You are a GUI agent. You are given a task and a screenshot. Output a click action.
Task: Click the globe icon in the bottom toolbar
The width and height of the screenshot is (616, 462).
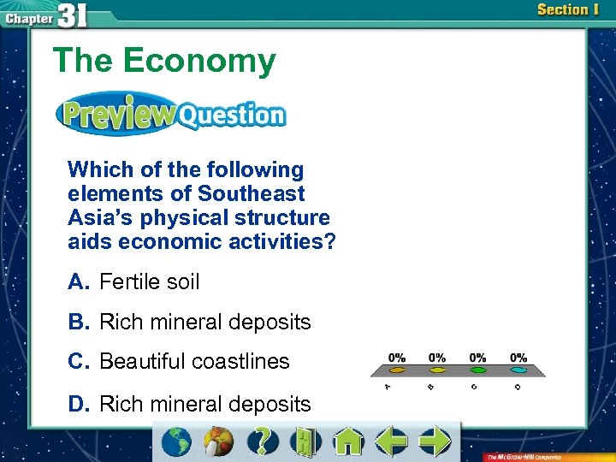(177, 441)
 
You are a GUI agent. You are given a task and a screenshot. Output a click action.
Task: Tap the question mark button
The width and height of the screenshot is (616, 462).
(263, 441)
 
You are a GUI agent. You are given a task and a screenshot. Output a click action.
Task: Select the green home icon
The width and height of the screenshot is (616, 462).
(348, 441)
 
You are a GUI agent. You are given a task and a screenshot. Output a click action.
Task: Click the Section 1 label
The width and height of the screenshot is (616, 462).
(567, 10)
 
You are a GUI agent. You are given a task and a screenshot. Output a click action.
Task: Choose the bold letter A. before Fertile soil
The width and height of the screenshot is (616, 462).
(79, 281)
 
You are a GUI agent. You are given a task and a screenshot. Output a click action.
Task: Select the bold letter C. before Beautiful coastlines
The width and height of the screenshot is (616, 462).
(80, 361)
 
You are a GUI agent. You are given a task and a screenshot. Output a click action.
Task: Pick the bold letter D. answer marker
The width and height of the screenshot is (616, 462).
(80, 404)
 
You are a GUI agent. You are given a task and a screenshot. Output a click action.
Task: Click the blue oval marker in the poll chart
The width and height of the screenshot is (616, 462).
(518, 370)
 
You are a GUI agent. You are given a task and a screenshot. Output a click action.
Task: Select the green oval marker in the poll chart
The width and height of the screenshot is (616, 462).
(478, 370)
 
